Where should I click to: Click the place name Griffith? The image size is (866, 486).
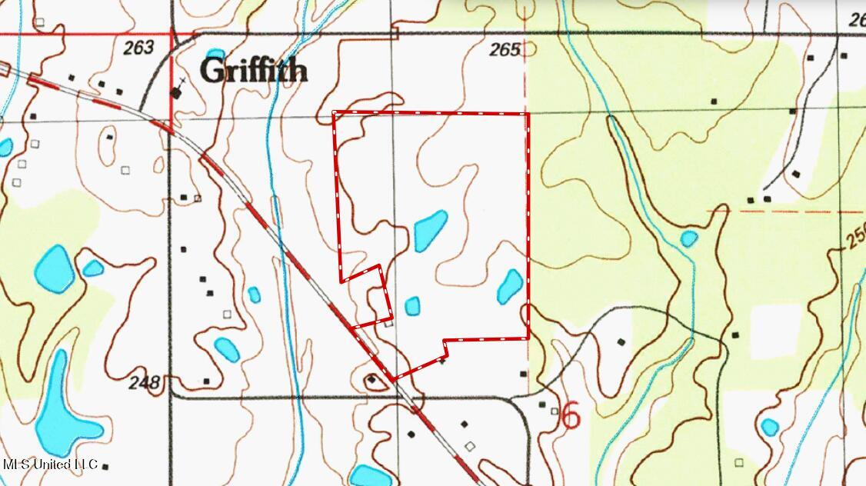click(254, 71)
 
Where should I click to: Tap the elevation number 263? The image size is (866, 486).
click(138, 48)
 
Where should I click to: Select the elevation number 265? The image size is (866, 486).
click(505, 51)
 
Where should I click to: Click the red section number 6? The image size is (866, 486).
click(571, 415)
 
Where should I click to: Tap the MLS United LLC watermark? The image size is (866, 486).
click(51, 464)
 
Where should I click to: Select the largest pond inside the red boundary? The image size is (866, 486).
click(431, 231)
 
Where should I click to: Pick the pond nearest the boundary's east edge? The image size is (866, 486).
click(510, 286)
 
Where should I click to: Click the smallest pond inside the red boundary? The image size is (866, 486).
click(413, 306)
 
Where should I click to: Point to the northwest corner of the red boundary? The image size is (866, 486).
click(334, 113)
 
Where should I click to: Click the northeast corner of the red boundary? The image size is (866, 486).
click(528, 114)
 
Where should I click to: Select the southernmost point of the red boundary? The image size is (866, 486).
click(394, 380)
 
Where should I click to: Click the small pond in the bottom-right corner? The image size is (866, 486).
click(769, 427)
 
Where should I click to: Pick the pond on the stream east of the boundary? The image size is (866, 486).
click(688, 238)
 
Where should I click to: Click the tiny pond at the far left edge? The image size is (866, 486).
click(5, 147)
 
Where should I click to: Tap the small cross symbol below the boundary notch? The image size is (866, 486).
click(442, 361)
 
